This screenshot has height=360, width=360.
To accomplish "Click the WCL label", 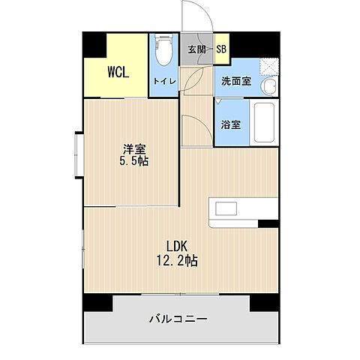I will coord(116,73).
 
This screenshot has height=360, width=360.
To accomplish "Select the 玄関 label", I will coord(196,50).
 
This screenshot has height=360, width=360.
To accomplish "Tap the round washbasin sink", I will coord(268,87).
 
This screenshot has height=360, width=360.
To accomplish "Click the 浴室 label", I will coord(231,125).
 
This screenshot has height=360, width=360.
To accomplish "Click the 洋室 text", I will coord(133,148).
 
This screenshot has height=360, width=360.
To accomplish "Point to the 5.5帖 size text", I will coord(133,161).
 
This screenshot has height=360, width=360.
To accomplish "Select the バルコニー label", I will coord(177,319).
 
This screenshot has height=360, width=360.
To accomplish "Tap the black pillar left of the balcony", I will coord(97,302).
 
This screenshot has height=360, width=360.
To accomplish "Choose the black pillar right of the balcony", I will coord(264,302).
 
